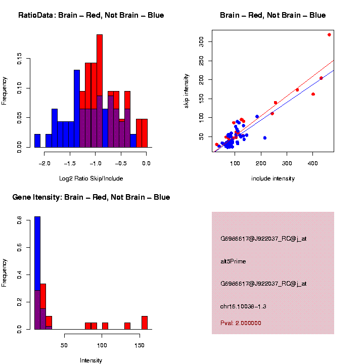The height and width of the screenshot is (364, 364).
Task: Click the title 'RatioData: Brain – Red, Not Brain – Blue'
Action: [91, 15]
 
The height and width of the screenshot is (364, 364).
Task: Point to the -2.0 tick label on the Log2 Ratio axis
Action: [45, 163]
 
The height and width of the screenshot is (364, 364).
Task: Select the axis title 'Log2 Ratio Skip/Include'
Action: [91, 178]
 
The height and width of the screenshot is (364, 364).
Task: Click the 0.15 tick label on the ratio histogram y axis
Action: [20, 60]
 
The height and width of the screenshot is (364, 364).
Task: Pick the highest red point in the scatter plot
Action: [329, 35]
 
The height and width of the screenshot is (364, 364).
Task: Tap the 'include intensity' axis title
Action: [273, 178]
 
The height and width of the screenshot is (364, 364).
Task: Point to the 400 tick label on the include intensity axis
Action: [313, 163]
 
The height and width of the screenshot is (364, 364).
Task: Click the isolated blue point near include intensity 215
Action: [264, 138]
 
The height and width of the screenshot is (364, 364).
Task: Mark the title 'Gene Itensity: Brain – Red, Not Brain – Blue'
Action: [91, 197]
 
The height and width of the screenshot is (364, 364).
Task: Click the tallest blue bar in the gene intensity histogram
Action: [37, 253]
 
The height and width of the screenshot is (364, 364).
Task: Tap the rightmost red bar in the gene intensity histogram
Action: [145, 323]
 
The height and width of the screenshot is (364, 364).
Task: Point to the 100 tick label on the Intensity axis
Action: [103, 345]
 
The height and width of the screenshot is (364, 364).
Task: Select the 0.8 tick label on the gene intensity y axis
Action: [20, 221]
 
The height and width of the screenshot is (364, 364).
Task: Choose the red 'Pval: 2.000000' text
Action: [241, 323]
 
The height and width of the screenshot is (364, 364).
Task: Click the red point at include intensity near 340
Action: [297, 90]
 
